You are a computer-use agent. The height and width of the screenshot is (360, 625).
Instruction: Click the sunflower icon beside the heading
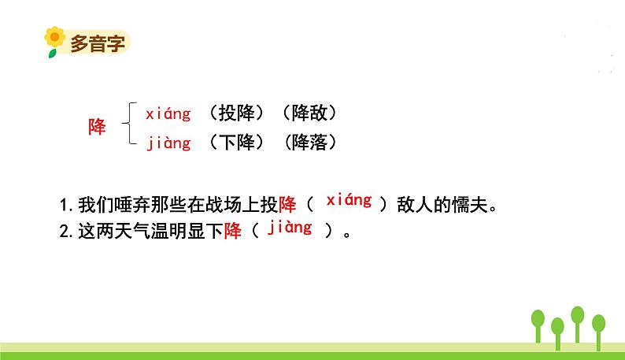pos(54,42)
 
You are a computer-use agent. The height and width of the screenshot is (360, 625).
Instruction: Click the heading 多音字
pos(98,43)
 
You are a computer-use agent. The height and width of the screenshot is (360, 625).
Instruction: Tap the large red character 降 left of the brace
pos(97,127)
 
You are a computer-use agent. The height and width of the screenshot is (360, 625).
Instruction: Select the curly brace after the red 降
pos(130,123)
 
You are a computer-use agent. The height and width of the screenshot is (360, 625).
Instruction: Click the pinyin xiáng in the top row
pos(168,114)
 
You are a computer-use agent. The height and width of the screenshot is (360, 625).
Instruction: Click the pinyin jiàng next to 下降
pos(169,143)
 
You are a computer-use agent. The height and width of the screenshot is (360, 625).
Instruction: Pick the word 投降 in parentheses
pos(236,113)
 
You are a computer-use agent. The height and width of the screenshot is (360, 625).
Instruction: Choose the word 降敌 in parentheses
pos(309,113)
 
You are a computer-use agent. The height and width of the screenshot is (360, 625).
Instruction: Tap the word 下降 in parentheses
pos(236,142)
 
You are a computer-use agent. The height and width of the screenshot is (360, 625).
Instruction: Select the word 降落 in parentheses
pos(309,142)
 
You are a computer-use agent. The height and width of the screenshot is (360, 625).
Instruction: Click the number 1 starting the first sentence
pos(64,205)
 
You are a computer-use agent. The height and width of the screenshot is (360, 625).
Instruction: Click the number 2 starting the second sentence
pos(65,232)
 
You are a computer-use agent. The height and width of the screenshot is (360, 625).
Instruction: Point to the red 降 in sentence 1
pos(287,205)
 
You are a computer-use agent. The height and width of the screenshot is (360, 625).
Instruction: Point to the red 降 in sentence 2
pos(233,231)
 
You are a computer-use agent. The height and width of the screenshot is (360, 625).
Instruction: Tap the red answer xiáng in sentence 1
pos(349,200)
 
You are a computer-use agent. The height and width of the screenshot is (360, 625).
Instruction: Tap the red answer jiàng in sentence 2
pos(290,227)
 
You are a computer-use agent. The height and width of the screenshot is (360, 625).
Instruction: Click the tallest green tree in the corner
pos(577,324)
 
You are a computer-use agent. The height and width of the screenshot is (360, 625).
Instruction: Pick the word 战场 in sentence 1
pos(224,205)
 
